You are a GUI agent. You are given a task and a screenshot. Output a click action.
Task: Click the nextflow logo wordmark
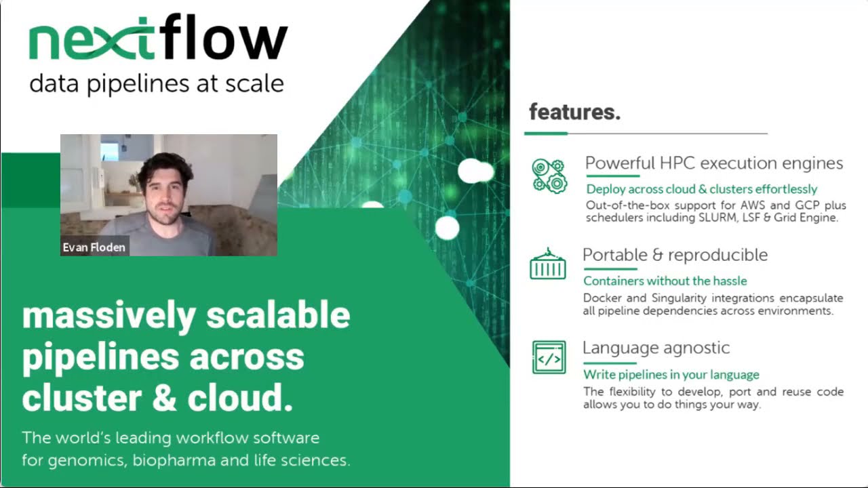pyautogui.click(x=158, y=39)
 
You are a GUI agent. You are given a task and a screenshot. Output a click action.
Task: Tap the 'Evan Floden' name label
pyautogui.click(x=94, y=247)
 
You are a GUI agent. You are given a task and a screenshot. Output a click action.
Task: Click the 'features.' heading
pyautogui.click(x=574, y=112)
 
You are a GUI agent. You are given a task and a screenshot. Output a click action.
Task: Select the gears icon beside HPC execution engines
pyautogui.click(x=549, y=176)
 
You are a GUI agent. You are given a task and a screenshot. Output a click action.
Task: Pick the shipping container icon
pyautogui.click(x=547, y=265)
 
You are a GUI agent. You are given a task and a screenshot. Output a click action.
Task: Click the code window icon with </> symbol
pyautogui.click(x=549, y=357)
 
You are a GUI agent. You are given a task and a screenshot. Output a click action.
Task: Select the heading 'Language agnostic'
pyautogui.click(x=656, y=348)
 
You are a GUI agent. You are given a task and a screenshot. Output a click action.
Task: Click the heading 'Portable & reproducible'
pyautogui.click(x=675, y=255)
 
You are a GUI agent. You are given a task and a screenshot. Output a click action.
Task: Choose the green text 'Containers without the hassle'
pyautogui.click(x=665, y=281)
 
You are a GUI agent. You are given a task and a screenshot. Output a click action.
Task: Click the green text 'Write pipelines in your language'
pyautogui.click(x=671, y=375)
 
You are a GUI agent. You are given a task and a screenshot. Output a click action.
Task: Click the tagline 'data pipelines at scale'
pyautogui.click(x=156, y=84)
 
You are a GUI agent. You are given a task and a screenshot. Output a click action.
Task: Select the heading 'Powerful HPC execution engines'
pyautogui.click(x=714, y=163)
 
